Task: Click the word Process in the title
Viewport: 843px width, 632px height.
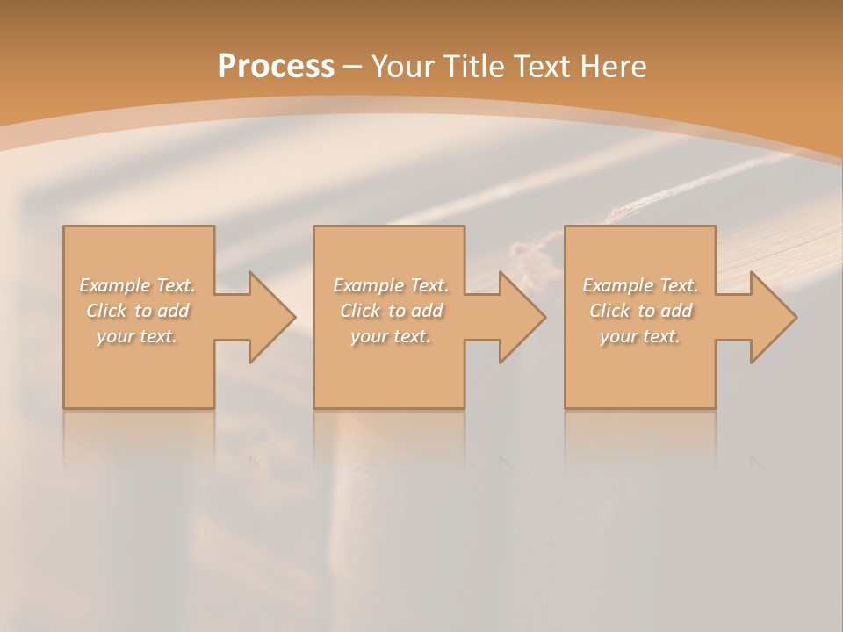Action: (276, 66)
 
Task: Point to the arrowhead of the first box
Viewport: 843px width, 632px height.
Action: (270, 317)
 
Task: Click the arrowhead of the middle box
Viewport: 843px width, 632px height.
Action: (521, 317)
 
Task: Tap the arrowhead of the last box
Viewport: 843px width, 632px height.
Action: (772, 317)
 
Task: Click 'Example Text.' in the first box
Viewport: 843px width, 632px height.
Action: (138, 285)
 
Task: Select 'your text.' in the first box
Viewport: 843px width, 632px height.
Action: (138, 336)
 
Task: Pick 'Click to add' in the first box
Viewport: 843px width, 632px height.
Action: (138, 311)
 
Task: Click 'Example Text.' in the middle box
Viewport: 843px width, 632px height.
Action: (391, 285)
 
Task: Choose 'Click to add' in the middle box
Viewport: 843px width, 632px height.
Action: (391, 311)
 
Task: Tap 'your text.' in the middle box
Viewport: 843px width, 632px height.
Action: (391, 336)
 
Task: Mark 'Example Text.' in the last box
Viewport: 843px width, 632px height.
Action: (640, 285)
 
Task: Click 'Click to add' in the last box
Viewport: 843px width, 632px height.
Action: (640, 311)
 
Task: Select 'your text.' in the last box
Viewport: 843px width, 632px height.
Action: (640, 336)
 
